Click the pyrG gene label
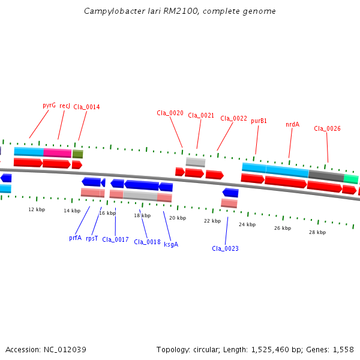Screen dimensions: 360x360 [49, 106]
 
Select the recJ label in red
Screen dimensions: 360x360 [65, 106]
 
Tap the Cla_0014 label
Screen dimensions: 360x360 [86, 107]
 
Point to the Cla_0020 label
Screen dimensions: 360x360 [170, 113]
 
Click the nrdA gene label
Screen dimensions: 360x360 [293, 124]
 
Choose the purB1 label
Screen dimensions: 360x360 [259, 121]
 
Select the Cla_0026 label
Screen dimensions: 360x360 [327, 128]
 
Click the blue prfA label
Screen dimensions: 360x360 [76, 238]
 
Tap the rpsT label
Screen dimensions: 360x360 [92, 239]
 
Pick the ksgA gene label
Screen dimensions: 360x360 [171, 244]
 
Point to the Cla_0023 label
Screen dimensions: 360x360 [225, 248]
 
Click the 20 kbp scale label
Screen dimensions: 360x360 [178, 218]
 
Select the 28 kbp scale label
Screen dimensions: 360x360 [317, 232]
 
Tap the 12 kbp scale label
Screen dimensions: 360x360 [37, 209]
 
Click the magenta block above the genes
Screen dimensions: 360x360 [58, 153]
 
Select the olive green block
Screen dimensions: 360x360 [78, 154]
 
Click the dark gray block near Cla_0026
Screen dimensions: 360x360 [326, 176]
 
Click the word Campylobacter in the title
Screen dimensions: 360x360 [115, 11]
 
